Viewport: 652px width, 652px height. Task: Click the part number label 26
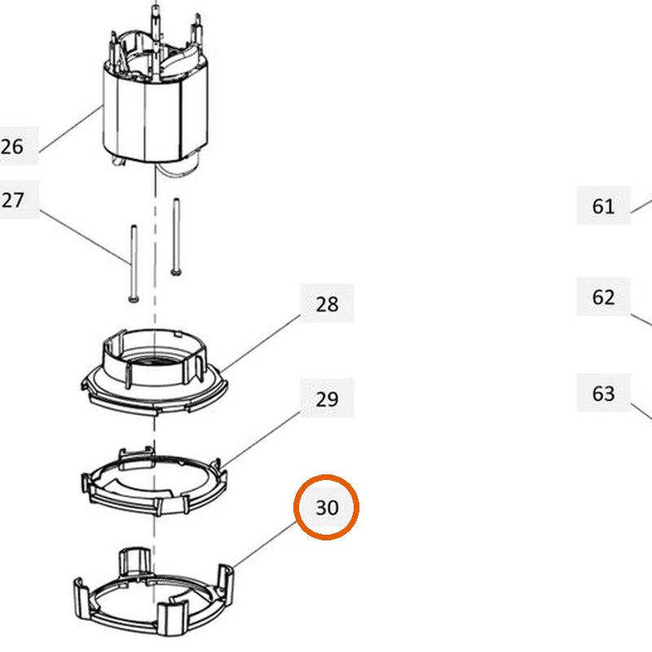click(12, 147)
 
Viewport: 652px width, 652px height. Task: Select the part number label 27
click(13, 200)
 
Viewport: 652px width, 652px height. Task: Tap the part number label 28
click(327, 304)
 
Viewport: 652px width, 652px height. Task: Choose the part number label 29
click(327, 399)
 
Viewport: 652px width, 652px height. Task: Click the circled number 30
click(327, 507)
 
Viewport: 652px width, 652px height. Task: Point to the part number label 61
click(603, 206)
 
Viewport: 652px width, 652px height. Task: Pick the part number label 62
click(603, 297)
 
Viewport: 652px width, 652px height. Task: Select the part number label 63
click(603, 393)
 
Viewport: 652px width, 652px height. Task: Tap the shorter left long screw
click(134, 263)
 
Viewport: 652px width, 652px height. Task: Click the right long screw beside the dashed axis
click(176, 236)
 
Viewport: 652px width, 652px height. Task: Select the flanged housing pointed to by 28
click(154, 371)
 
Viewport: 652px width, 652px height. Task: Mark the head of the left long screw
click(134, 299)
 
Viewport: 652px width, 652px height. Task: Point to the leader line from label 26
click(71, 130)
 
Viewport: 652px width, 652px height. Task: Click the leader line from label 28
click(260, 343)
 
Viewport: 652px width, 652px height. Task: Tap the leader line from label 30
click(265, 545)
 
